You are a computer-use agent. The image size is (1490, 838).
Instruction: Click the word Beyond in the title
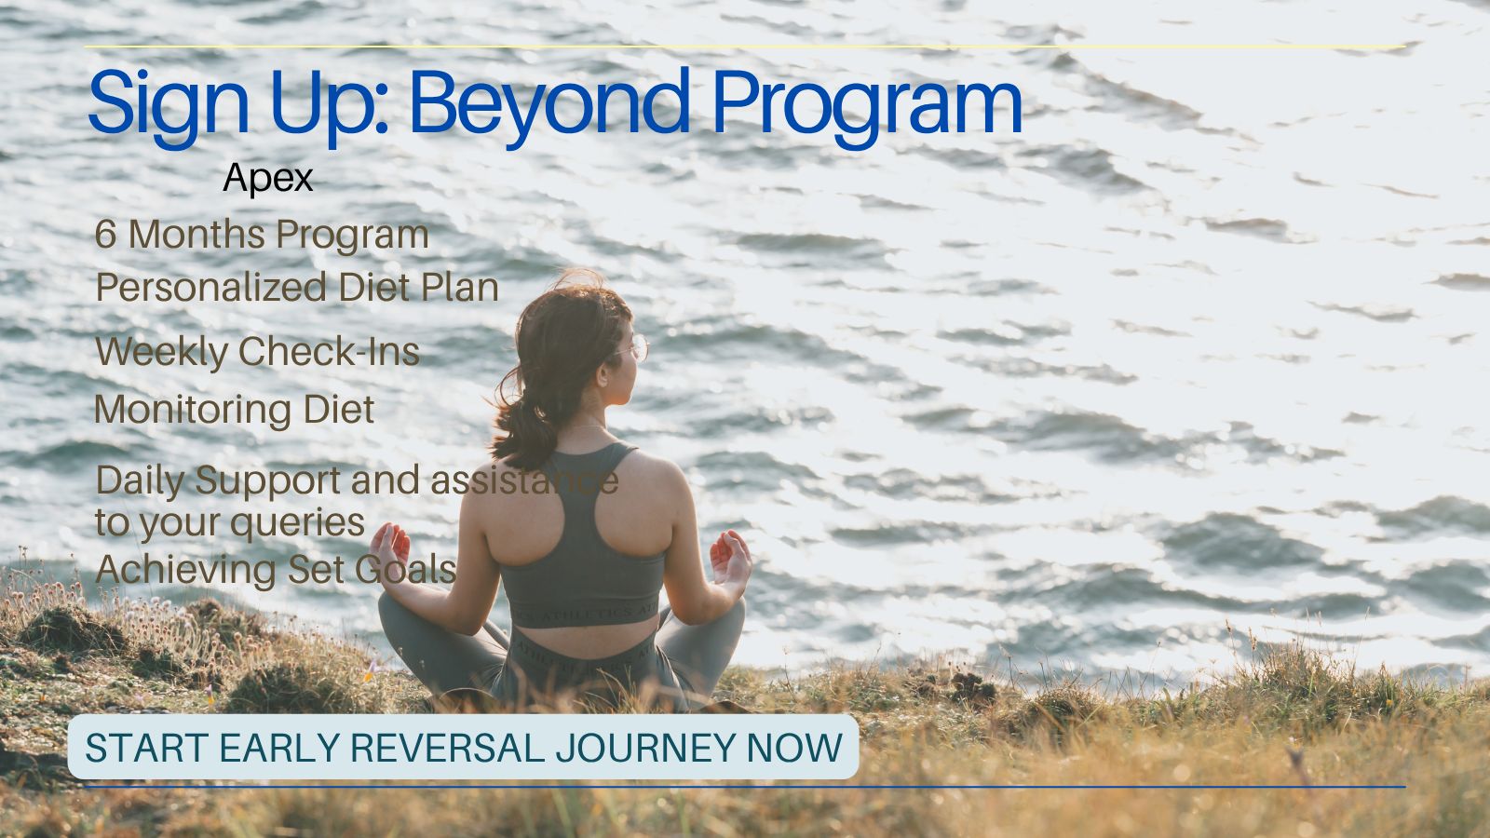pyautogui.click(x=549, y=106)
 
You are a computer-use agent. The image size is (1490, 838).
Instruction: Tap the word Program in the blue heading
pyautogui.click(x=867, y=106)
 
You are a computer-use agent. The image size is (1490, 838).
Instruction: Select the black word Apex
pyautogui.click(x=268, y=178)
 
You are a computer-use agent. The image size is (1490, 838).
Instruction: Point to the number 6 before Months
pyautogui.click(x=105, y=234)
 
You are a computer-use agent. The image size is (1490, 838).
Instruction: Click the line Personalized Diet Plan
pyautogui.click(x=297, y=288)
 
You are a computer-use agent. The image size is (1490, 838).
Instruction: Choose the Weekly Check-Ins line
pyautogui.click(x=257, y=351)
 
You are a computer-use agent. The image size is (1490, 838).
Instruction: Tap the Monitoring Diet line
pyautogui.click(x=234, y=410)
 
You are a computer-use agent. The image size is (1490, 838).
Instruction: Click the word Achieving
pyautogui.click(x=185, y=571)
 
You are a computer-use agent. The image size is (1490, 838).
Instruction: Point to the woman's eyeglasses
pyautogui.click(x=632, y=348)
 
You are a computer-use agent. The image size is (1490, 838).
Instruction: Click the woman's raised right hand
pyautogui.click(x=730, y=559)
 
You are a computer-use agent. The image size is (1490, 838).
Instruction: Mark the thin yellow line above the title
pyautogui.click(x=745, y=47)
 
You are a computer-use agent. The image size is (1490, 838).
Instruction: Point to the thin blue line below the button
pyautogui.click(x=745, y=787)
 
